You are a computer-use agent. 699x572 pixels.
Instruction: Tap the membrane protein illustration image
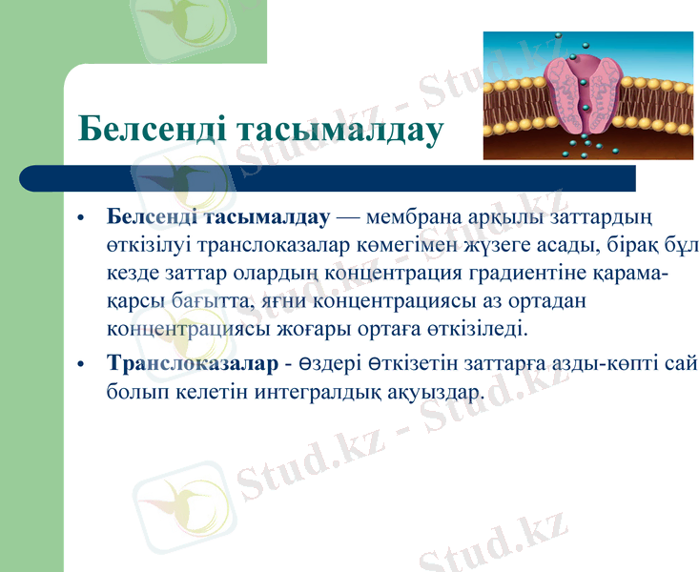pyautogui.click(x=587, y=95)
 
